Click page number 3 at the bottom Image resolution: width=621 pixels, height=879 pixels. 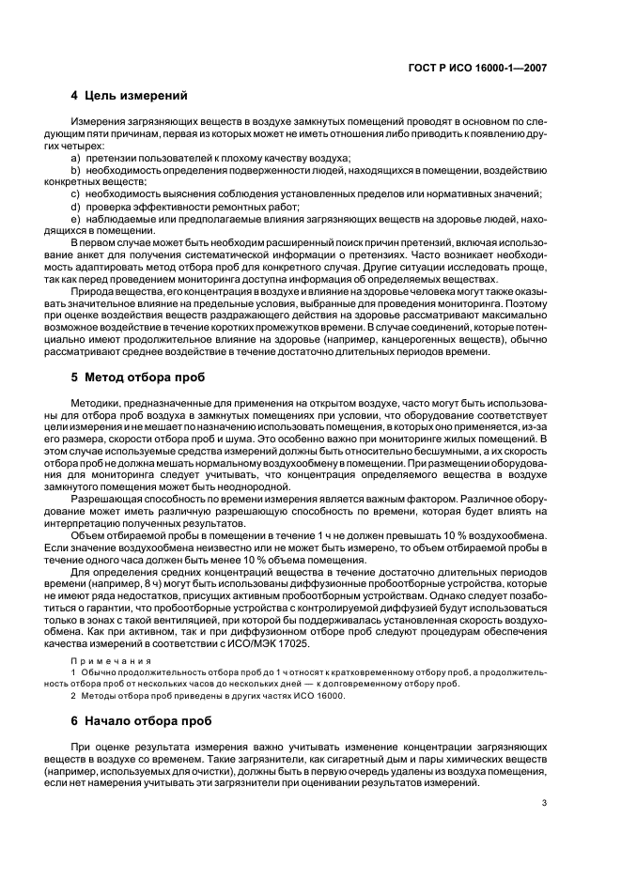pos(544,803)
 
